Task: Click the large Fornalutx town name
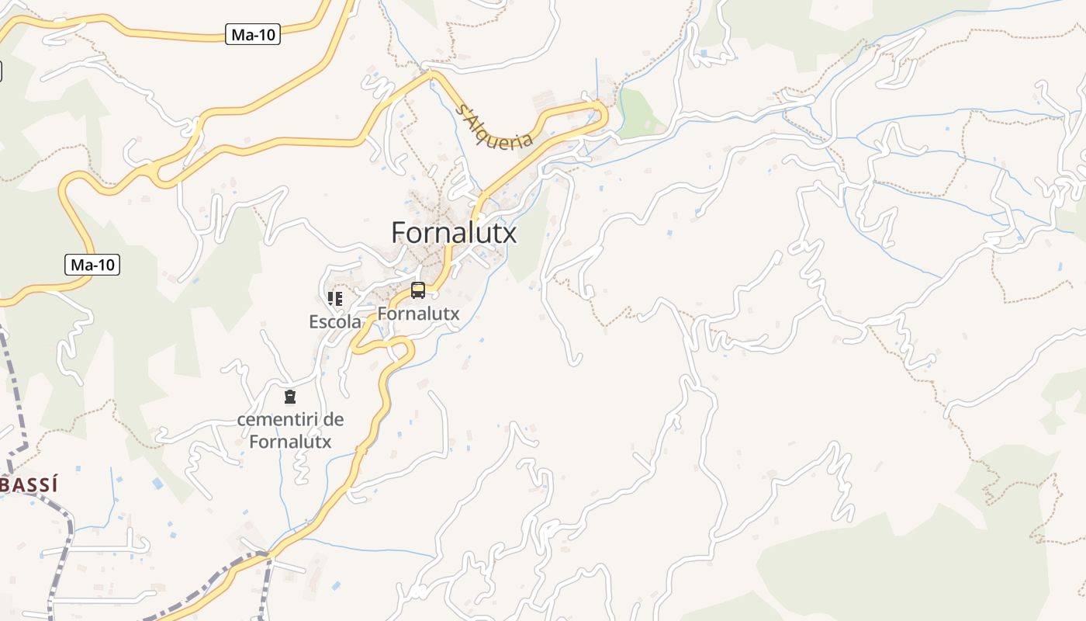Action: click(454, 233)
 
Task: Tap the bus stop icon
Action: click(418, 290)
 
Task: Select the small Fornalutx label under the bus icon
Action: click(418, 314)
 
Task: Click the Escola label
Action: click(335, 321)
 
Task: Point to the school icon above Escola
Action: click(335, 298)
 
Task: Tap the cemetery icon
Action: click(290, 397)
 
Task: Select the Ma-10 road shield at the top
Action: click(253, 35)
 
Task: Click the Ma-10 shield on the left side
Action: click(92, 265)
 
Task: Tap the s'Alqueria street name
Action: click(496, 127)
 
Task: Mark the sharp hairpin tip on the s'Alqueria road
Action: click(604, 115)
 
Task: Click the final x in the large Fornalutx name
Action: click(508, 233)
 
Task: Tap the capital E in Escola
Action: click(314, 321)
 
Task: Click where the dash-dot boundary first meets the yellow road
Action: click(267, 553)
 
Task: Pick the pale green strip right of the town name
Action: click(531, 241)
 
